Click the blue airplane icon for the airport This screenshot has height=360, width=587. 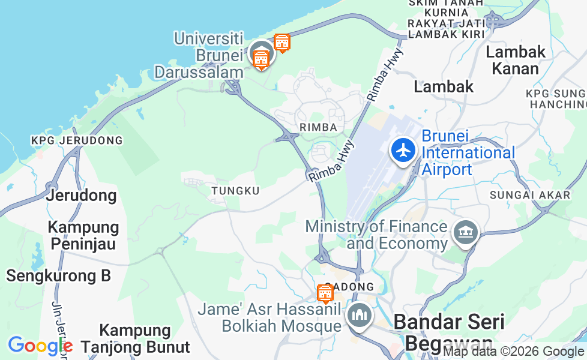[x=403, y=150]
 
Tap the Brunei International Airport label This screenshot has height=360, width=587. [x=468, y=153]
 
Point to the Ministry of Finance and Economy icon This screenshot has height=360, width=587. [x=466, y=233]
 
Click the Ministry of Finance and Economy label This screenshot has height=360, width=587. [x=376, y=235]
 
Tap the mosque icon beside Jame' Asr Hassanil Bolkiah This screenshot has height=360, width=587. [x=360, y=316]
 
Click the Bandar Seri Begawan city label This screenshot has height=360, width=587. [x=448, y=332]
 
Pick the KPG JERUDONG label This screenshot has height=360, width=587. [x=77, y=140]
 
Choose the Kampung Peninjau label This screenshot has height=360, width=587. [x=83, y=236]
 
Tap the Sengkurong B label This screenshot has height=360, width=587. [x=58, y=276]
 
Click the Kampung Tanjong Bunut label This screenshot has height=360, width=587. [x=136, y=338]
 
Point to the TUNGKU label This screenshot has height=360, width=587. [x=235, y=191]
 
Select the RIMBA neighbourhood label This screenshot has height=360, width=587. [x=314, y=127]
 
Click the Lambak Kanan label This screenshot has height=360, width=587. [x=516, y=60]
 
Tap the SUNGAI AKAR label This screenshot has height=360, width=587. [x=529, y=195]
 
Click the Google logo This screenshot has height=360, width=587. [x=40, y=346]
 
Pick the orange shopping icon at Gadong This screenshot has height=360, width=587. [x=325, y=293]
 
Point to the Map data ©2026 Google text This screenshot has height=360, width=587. [x=513, y=352]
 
